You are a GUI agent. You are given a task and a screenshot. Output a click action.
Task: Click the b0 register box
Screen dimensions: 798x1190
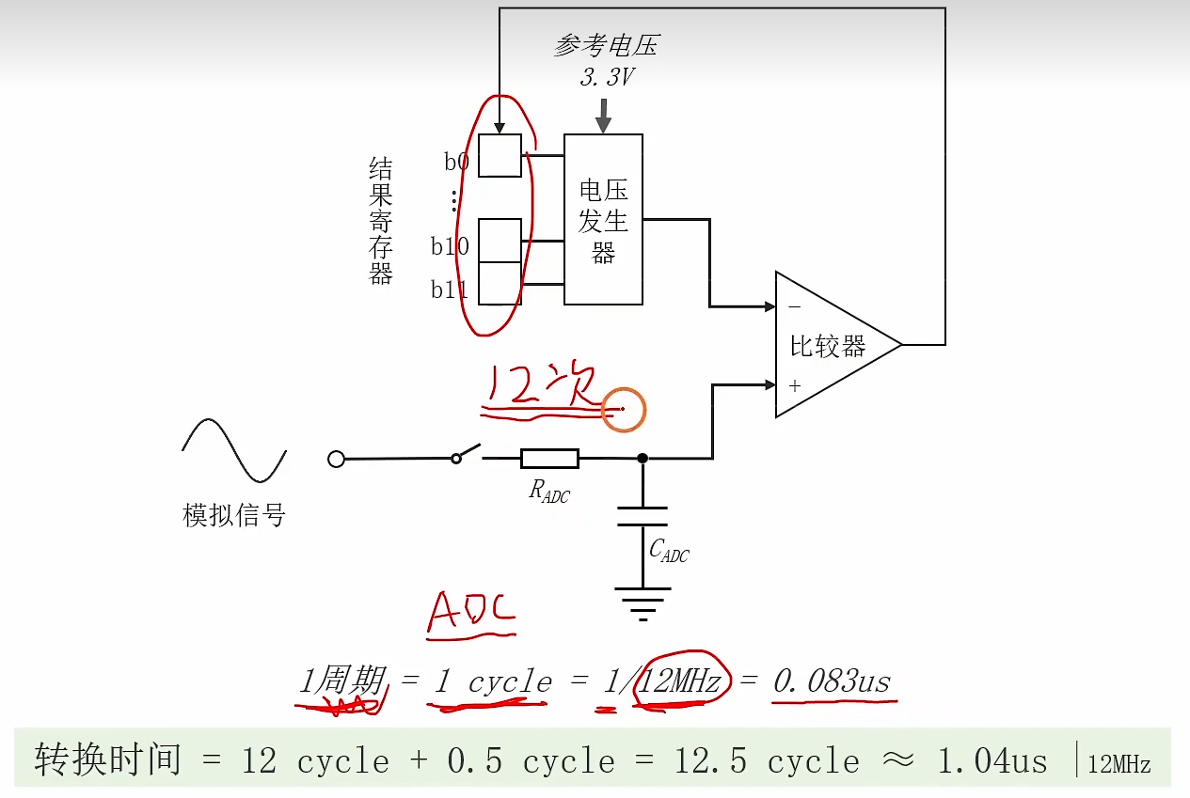[x=500, y=155]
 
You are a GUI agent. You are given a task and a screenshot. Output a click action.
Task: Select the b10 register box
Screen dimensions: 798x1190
[x=500, y=241]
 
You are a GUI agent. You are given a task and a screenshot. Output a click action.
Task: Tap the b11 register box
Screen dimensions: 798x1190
[x=500, y=283]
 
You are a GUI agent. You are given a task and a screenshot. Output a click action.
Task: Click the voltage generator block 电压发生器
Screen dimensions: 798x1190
[x=603, y=219]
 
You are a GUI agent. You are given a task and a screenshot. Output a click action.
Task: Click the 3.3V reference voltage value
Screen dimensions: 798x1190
[x=607, y=77]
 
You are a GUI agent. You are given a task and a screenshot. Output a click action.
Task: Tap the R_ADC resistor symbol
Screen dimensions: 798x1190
[x=549, y=459]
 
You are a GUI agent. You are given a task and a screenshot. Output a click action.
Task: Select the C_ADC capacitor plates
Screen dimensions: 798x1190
[x=643, y=516]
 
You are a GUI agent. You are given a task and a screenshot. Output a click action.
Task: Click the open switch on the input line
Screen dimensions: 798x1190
[x=468, y=454]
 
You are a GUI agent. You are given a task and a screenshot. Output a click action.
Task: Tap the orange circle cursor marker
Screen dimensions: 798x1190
[x=624, y=410]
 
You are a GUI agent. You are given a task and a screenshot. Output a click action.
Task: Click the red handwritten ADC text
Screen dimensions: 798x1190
[x=471, y=613]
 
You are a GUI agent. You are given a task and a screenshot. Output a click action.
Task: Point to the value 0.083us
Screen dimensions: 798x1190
[x=832, y=681]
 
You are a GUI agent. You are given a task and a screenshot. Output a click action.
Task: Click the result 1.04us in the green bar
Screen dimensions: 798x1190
[x=993, y=760]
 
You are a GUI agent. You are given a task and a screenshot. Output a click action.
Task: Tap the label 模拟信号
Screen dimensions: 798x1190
[x=234, y=515]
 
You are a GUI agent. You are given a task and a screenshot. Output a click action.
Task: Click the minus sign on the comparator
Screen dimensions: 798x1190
[x=795, y=306]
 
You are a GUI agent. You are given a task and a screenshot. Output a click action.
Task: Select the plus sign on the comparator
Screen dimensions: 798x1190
[x=795, y=385]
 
